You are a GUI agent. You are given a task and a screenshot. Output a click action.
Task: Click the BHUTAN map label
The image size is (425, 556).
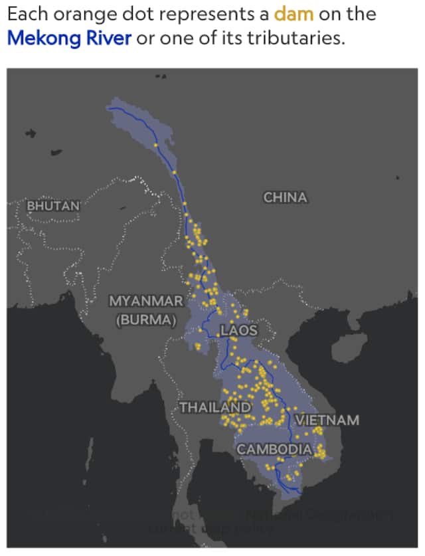pos(52,205)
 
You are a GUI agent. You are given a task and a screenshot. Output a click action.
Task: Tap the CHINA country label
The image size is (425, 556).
pos(285,197)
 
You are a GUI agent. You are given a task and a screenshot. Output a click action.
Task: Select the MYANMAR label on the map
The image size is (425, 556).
pos(145,301)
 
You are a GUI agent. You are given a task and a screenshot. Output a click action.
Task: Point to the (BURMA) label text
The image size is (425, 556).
pos(145,319)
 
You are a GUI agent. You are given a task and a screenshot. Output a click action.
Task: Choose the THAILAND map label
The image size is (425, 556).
pos(216,407)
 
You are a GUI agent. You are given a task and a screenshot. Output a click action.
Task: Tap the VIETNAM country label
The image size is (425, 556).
pos(327,420)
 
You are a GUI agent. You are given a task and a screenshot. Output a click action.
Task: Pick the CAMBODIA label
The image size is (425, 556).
pos(274,449)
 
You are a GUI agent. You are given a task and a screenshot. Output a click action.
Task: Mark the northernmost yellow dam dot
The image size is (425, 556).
pos(156,145)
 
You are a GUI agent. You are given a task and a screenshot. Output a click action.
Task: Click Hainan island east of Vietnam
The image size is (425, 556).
pos(349,345)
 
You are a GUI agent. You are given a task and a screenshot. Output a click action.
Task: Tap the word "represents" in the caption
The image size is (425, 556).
pos(187,14)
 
